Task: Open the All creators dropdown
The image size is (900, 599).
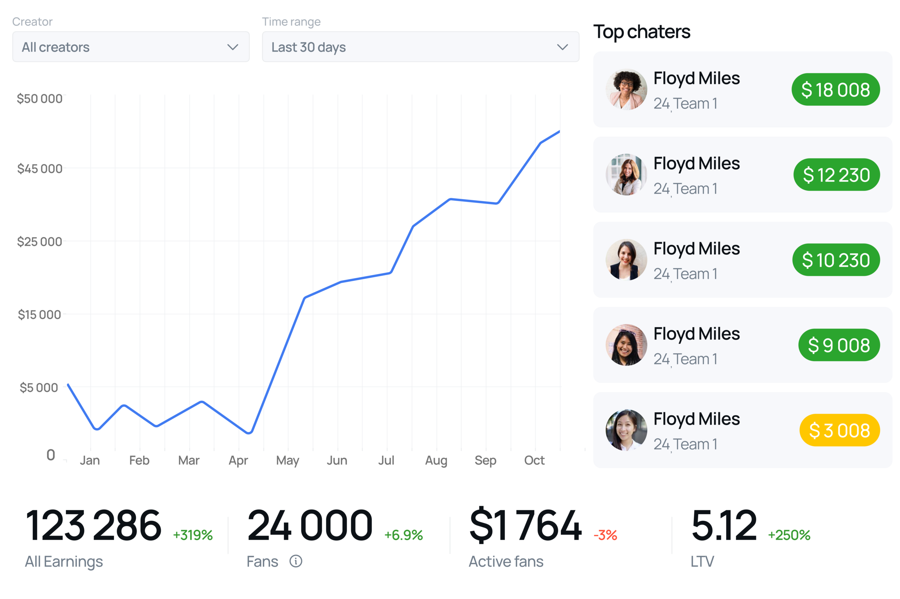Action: [x=131, y=47]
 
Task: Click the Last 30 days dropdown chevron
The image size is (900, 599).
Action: [x=562, y=47]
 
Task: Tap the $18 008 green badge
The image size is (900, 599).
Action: [x=835, y=90]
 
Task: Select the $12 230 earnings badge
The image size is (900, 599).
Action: [x=836, y=175]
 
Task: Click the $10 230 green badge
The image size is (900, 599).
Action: [x=836, y=260]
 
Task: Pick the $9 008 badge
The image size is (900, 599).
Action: [x=839, y=345]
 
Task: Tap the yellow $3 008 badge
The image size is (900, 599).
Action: [x=839, y=430]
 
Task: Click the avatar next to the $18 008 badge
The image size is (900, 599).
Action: [x=626, y=90]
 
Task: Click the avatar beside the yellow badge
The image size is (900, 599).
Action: [x=626, y=430]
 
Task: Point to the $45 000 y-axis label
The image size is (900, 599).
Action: [x=40, y=169]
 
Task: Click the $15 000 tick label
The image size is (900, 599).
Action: [x=39, y=314]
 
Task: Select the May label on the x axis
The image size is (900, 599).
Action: [x=288, y=461]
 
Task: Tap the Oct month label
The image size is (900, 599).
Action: [x=534, y=461]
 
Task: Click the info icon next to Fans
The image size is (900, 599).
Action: [x=296, y=561]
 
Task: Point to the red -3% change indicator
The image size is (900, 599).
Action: [x=605, y=535]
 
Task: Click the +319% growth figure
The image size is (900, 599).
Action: [x=193, y=535]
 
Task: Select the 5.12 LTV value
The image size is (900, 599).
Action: [x=724, y=525]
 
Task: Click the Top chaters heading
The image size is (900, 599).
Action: [x=642, y=32]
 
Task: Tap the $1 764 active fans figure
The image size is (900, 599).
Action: [x=526, y=525]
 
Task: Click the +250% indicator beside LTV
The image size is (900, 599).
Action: [x=789, y=535]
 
